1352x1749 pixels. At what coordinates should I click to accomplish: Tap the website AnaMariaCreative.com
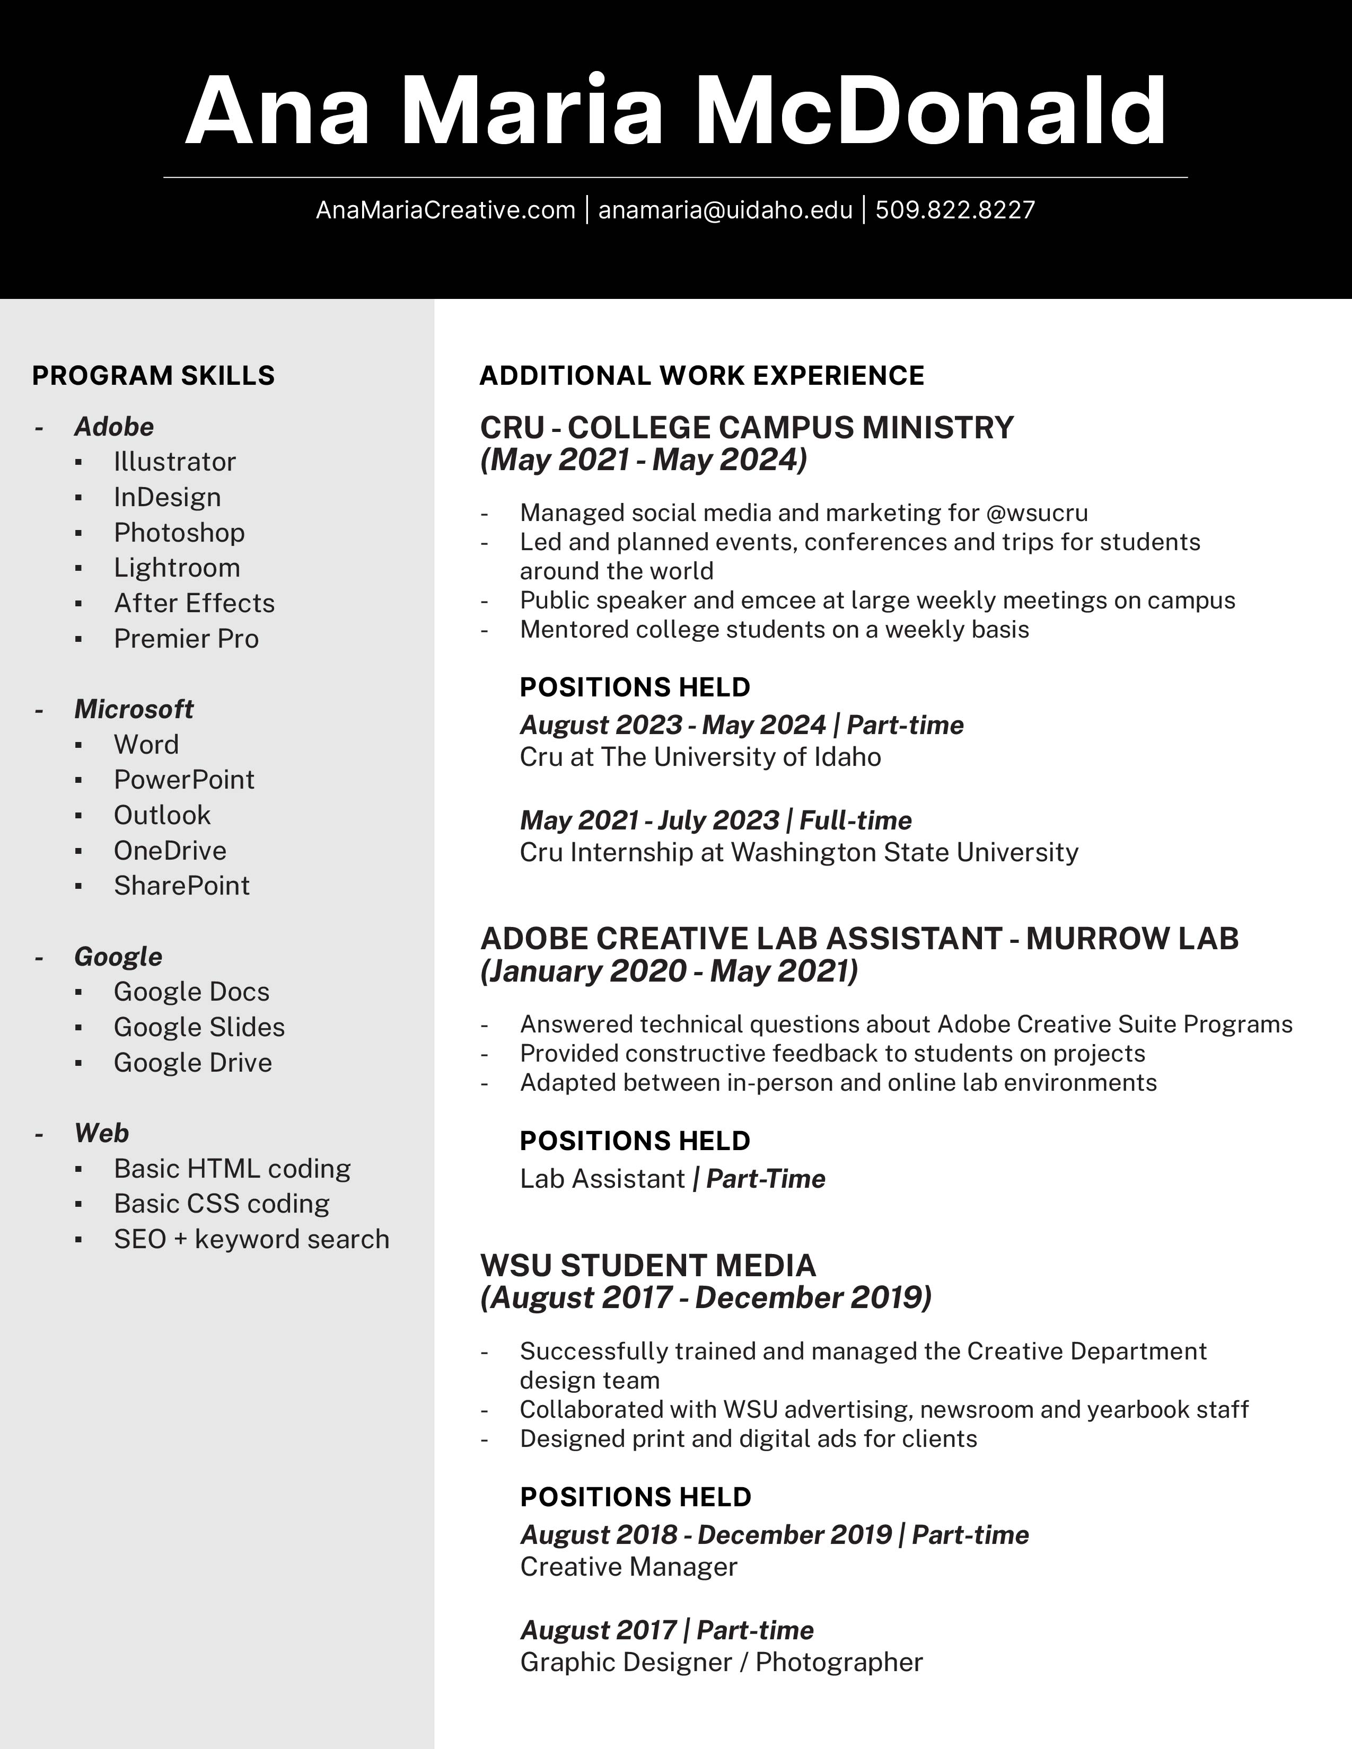pyautogui.click(x=445, y=210)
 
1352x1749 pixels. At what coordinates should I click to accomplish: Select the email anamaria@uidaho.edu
pyautogui.click(x=725, y=210)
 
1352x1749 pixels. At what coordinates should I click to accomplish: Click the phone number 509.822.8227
pyautogui.click(x=955, y=210)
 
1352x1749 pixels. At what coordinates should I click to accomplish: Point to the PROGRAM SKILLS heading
pyautogui.click(x=153, y=376)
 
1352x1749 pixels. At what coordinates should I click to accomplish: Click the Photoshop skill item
pyautogui.click(x=179, y=533)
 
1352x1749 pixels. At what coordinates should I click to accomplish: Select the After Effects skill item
pyautogui.click(x=194, y=603)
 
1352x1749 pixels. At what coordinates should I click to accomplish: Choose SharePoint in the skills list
pyautogui.click(x=181, y=886)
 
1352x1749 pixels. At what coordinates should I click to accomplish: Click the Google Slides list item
pyautogui.click(x=199, y=1027)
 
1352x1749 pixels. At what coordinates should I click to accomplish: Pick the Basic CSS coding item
pyautogui.click(x=221, y=1204)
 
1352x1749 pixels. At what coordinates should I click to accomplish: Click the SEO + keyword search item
pyautogui.click(x=251, y=1239)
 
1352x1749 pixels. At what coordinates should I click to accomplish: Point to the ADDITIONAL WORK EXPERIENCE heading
pyautogui.click(x=701, y=376)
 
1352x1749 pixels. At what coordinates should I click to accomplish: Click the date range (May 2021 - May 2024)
pyautogui.click(x=643, y=460)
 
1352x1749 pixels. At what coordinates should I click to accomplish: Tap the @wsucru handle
pyautogui.click(x=1037, y=513)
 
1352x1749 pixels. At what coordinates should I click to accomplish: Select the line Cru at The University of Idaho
pyautogui.click(x=700, y=757)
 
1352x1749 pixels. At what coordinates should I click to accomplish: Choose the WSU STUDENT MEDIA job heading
pyautogui.click(x=647, y=1265)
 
